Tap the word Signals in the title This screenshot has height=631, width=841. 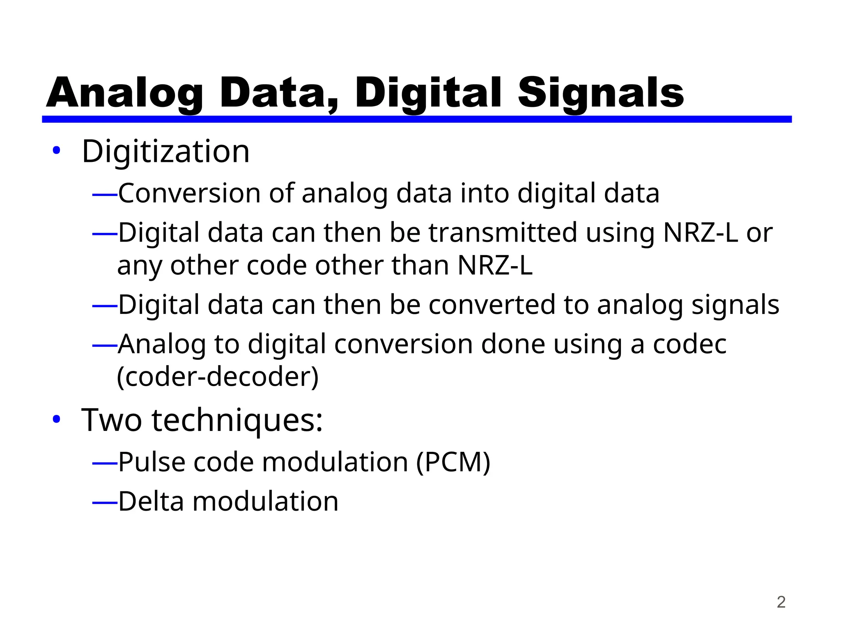600,94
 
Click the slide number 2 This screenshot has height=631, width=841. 781,602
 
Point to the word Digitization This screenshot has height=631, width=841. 165,152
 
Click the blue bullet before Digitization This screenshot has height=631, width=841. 56,151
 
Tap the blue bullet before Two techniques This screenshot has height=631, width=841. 56,419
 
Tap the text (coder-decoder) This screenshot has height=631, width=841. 218,377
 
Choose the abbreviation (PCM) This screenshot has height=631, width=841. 453,462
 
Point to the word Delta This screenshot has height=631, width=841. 151,501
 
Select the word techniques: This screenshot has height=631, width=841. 237,420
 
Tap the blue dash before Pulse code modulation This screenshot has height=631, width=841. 105,463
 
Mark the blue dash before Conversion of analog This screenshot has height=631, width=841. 105,194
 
